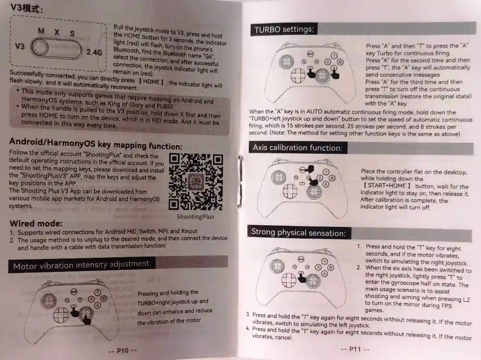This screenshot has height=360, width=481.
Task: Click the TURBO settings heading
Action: pyautogui.click(x=284, y=30)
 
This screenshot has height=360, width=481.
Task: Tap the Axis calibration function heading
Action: pyautogui.click(x=297, y=148)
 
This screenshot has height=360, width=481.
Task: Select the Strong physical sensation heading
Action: pyautogui.click(x=298, y=232)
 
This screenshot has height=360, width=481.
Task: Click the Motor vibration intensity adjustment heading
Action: pyautogui.click(x=82, y=265)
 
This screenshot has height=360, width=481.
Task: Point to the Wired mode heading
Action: pyautogui.click(x=36, y=223)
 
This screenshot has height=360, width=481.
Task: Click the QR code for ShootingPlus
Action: pyautogui.click(x=196, y=182)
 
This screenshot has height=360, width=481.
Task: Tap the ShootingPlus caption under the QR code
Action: pyautogui.click(x=196, y=217)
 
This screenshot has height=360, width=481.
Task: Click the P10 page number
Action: pyautogui.click(x=122, y=351)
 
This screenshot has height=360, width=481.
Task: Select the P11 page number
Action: pyautogui.click(x=355, y=349)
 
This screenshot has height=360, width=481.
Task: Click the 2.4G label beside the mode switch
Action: pyautogui.click(x=94, y=52)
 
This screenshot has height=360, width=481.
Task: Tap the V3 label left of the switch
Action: pyautogui.click(x=19, y=46)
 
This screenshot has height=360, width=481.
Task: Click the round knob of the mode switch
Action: pyautogui.click(x=40, y=47)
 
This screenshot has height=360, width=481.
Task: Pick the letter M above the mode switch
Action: pyautogui.click(x=41, y=31)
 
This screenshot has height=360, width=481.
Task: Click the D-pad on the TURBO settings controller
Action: pyautogui.click(x=298, y=75)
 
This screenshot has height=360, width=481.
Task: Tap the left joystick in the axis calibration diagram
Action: pyautogui.click(x=278, y=177)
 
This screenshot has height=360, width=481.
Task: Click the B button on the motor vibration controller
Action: pyautogui.click(x=104, y=299)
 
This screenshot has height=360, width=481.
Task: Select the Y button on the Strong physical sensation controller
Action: pyautogui.click(x=325, y=261)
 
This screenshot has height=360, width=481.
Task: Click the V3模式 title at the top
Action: pyautogui.click(x=26, y=8)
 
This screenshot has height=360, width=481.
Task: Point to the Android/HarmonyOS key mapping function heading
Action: pyautogui.click(x=96, y=143)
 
